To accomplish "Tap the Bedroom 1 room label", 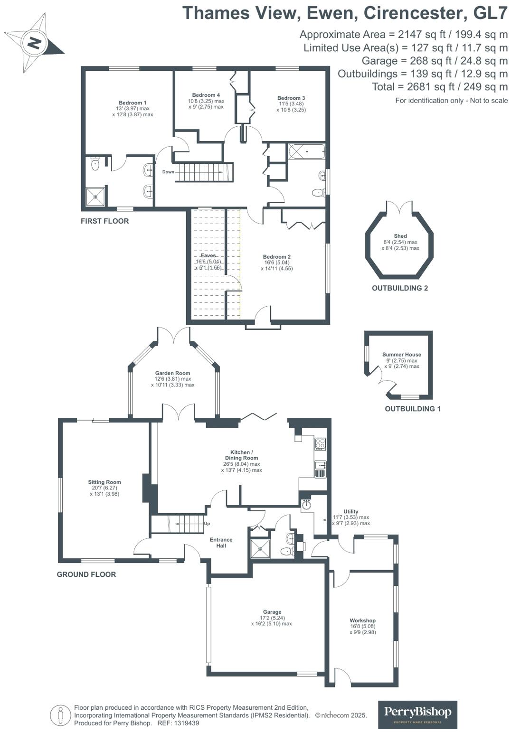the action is pos(132,103).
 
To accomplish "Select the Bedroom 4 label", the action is pos(206,95).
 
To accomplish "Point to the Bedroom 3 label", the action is pos(291,98).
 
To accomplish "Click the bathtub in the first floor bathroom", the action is pos(306,152).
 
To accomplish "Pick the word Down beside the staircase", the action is pos(168,172).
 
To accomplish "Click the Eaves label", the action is pos(208,255).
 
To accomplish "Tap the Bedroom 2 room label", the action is pos(276,257).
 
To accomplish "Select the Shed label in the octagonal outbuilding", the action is pos(400,236).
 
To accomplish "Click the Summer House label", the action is pos(402,355).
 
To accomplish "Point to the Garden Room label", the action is pos(172,373).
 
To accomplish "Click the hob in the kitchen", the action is pos(320,444).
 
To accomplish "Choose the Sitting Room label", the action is pos(104,482).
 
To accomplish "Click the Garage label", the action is pos(272,612).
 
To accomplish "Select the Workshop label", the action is pos(362,620).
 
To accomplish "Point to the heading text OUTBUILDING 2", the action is pos(400,288).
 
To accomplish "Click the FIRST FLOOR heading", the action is pos(104,221).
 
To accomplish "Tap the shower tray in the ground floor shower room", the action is pos(260,549).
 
